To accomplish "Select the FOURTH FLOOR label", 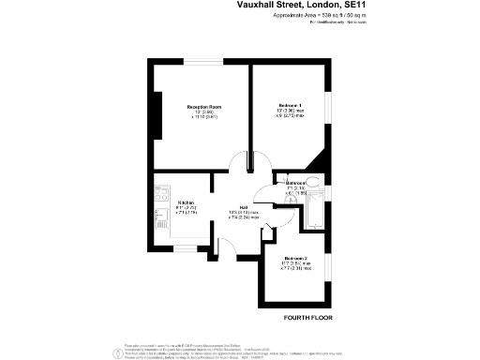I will coord(307,319).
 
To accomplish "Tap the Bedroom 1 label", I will coord(290,104).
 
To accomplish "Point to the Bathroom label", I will coord(297,183).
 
